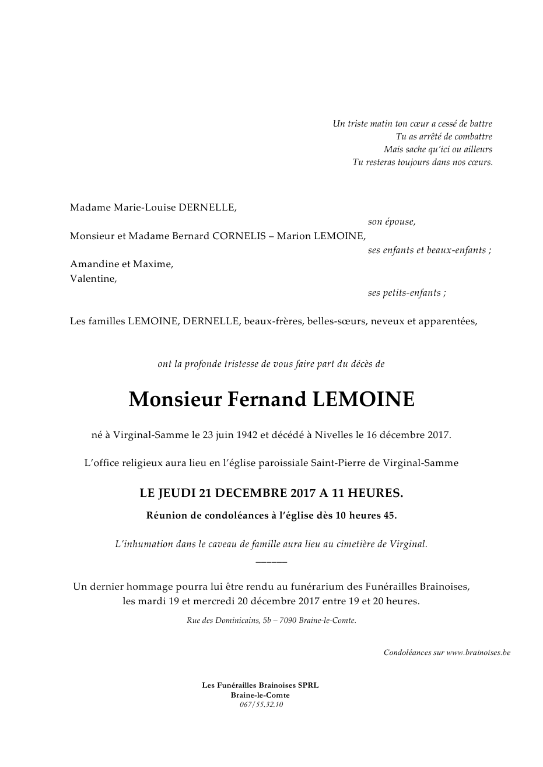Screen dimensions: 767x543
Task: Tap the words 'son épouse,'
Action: pos(391,222)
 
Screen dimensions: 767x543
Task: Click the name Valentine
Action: pos(93,279)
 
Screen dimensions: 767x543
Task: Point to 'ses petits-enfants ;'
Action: pos(407,293)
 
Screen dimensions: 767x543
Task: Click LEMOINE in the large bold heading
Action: pos(363,400)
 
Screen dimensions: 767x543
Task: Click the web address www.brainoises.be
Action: pos(478,653)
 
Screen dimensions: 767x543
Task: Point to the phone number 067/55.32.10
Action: pos(261,704)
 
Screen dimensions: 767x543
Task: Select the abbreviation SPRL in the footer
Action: pos(307,685)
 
